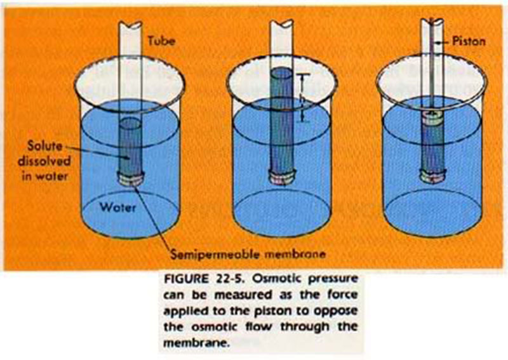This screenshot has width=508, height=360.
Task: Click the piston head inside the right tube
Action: click(433, 116)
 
